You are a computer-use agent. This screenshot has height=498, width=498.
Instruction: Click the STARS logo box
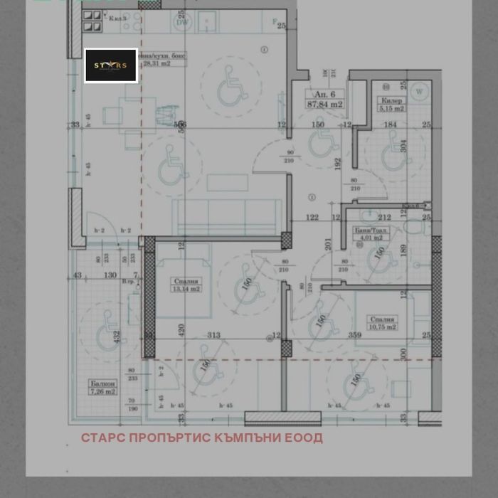(111, 65)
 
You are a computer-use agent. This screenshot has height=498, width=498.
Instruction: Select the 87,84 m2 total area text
(324, 105)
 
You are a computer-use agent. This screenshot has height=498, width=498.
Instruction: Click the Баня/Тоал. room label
(371, 230)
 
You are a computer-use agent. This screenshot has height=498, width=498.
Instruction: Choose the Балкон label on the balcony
(102, 383)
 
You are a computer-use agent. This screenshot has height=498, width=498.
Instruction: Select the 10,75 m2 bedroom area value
(381, 327)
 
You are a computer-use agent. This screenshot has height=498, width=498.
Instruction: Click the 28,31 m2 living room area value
(157, 63)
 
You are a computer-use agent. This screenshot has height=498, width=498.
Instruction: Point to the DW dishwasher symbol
(183, 23)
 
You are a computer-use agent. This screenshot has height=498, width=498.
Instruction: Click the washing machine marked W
(419, 91)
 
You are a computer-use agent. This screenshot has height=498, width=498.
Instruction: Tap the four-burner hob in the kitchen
(92, 21)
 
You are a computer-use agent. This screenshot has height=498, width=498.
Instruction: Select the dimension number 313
(213, 335)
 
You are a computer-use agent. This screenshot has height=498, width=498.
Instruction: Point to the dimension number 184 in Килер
(391, 125)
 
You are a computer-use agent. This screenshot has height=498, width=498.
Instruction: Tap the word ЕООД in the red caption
(304, 438)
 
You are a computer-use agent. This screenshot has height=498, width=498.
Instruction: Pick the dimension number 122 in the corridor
(312, 218)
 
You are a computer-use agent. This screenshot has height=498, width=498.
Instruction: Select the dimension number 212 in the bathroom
(385, 218)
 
